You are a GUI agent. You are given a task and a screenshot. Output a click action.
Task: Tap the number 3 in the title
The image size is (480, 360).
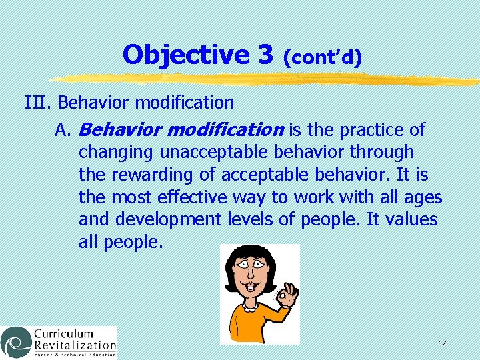(265, 55)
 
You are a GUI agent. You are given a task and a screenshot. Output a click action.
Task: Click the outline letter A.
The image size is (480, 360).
(62, 129)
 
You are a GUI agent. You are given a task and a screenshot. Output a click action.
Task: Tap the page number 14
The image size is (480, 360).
(443, 343)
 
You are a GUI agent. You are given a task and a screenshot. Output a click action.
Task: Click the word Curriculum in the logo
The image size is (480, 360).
(65, 334)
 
